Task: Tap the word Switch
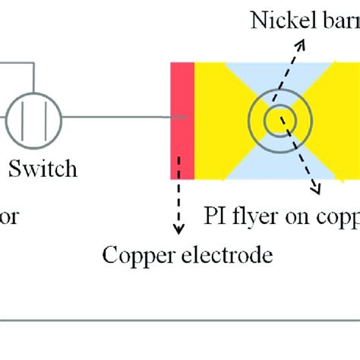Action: coord(43,168)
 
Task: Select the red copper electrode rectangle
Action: coord(182,121)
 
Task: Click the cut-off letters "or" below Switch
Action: coord(8,217)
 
